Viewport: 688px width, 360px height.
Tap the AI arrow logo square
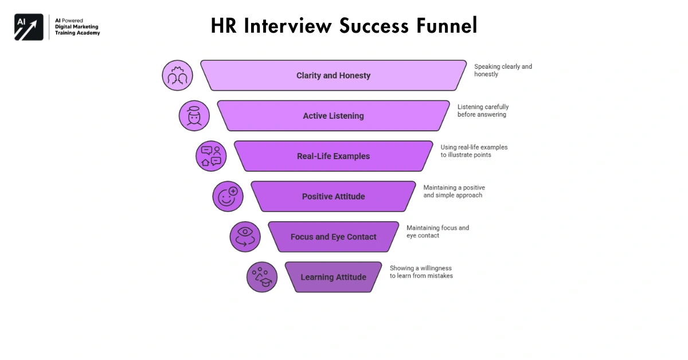29,27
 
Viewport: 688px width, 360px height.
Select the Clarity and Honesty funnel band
333,76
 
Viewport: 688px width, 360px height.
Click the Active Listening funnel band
333,116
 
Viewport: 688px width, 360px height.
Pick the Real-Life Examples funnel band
333,156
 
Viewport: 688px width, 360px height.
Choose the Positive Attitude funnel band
333,197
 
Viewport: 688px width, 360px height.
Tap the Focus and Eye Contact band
333,237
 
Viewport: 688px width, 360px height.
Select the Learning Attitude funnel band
333,277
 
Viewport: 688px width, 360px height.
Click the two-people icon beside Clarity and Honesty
177,76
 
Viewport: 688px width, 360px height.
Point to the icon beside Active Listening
194,116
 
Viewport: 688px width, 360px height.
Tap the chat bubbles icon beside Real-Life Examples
211,156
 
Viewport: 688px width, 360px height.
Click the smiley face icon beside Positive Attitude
228,197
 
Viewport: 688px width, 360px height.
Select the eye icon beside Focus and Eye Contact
245,237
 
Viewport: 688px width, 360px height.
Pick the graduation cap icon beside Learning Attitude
262,277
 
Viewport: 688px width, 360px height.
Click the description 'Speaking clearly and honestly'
503,71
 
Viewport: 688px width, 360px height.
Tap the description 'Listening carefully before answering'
483,111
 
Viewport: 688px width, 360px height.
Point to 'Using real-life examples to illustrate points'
474,151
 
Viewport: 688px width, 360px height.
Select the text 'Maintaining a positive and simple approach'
454,191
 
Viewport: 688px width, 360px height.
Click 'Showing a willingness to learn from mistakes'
421,272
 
